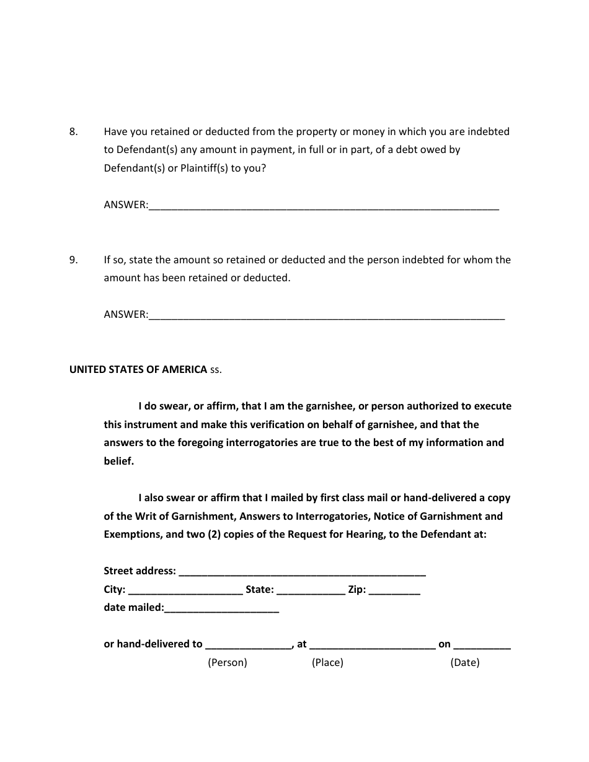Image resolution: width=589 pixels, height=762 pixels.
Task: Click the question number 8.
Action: click(73, 131)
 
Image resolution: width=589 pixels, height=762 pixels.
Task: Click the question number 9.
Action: click(73, 260)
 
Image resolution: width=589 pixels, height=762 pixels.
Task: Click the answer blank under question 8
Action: click(324, 206)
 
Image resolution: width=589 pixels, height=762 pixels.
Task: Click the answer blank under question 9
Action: click(327, 315)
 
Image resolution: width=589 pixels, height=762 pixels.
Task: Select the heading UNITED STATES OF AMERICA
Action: click(138, 369)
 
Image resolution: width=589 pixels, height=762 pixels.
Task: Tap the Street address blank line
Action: click(302, 571)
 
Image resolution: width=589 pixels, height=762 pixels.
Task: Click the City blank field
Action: click(185, 590)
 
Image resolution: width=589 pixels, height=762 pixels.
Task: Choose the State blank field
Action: click(311, 590)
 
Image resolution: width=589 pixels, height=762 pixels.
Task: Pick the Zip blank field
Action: click(394, 590)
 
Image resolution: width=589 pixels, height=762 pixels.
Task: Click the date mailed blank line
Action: click(222, 608)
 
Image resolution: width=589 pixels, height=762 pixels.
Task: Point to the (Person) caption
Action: click(227, 662)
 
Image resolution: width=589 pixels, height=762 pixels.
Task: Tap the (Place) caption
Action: click(327, 662)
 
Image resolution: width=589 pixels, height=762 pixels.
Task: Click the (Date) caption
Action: click(465, 662)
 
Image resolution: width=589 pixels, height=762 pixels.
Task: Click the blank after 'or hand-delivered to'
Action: click(249, 644)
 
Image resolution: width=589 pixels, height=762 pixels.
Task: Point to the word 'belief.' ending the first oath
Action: click(119, 461)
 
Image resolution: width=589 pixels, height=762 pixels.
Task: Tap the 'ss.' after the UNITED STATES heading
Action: click(216, 369)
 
